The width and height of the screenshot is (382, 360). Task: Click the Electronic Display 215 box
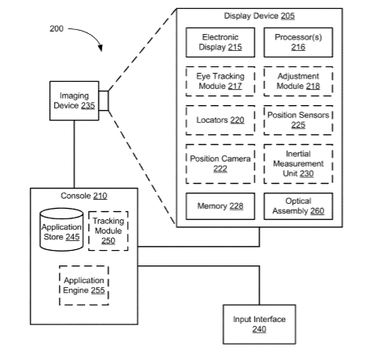[x=220, y=42]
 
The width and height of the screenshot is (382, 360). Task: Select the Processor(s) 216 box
[x=298, y=42]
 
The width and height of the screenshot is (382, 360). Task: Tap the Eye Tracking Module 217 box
[x=220, y=81]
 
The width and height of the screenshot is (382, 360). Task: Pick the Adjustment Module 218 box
[x=298, y=81]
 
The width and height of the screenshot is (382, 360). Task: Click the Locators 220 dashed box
[x=220, y=120]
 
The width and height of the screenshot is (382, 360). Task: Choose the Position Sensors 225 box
[x=298, y=120]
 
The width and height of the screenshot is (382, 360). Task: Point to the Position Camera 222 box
[x=220, y=163]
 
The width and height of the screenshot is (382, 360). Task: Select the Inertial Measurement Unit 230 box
[x=298, y=163]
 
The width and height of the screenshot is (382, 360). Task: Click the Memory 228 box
[x=220, y=206]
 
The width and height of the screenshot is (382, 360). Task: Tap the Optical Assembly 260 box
[x=298, y=206]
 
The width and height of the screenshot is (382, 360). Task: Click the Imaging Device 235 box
[x=74, y=100]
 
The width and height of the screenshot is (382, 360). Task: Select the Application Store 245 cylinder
[x=62, y=230]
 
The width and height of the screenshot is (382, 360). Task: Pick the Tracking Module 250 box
[x=108, y=231]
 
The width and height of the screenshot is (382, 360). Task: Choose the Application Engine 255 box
[x=84, y=286]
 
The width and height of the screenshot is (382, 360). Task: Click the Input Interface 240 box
[x=259, y=324]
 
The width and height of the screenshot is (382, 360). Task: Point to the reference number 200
[x=57, y=28]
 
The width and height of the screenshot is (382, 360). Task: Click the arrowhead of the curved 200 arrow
[x=100, y=48]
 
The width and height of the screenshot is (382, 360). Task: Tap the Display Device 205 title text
[x=259, y=16]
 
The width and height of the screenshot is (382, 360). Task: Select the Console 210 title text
[x=84, y=196]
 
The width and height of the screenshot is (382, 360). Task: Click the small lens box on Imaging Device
[x=104, y=100]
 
